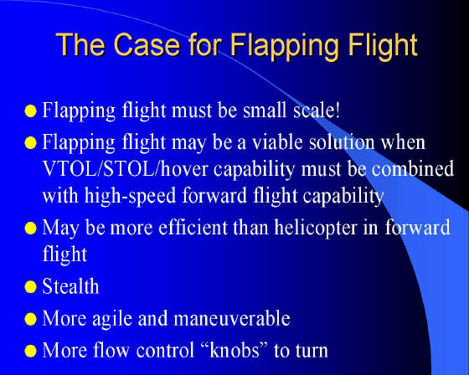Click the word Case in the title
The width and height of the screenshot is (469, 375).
[x=147, y=44]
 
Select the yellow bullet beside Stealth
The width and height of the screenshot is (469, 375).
[x=30, y=287]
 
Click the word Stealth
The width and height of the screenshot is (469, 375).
[x=70, y=286]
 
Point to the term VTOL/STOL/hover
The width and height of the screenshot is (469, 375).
[x=125, y=168]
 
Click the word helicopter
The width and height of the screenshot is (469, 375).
[x=316, y=229]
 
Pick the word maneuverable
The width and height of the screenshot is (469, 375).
[x=232, y=318]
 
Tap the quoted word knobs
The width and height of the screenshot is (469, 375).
[x=234, y=350]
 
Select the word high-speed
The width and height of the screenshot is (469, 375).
[x=130, y=197]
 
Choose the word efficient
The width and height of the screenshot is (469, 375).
[x=193, y=228]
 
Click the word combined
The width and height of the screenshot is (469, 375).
[x=413, y=168]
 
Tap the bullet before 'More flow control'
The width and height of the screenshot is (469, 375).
[x=30, y=351]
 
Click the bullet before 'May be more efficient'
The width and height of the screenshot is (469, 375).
[x=30, y=229]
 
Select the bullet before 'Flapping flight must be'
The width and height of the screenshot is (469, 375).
[x=30, y=111]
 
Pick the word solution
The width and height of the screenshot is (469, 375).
[x=342, y=141]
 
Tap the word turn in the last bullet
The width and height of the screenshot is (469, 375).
[x=312, y=351]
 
